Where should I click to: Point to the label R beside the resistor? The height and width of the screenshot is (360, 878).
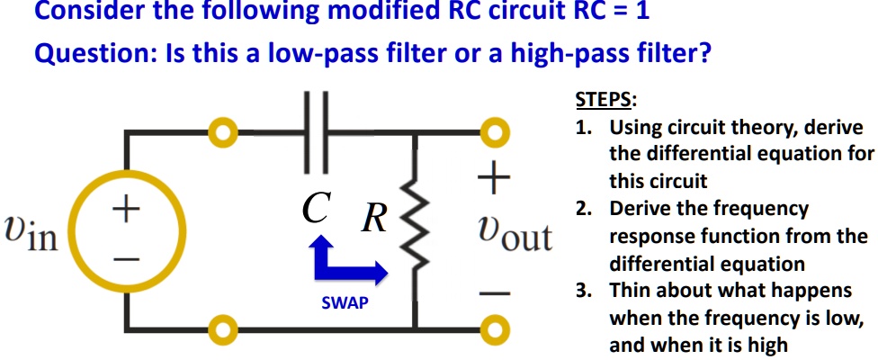click(x=373, y=219)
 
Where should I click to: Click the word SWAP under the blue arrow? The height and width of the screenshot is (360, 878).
click(x=345, y=303)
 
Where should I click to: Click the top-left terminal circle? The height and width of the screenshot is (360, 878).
click(x=221, y=132)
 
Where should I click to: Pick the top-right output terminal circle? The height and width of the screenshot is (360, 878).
click(x=493, y=132)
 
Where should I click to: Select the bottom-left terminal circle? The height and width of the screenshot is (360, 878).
click(x=221, y=326)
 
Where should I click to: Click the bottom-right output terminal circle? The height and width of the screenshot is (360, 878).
click(x=493, y=326)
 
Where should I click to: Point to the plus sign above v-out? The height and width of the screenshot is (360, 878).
click(x=493, y=179)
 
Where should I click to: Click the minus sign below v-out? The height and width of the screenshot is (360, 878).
click(x=493, y=292)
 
